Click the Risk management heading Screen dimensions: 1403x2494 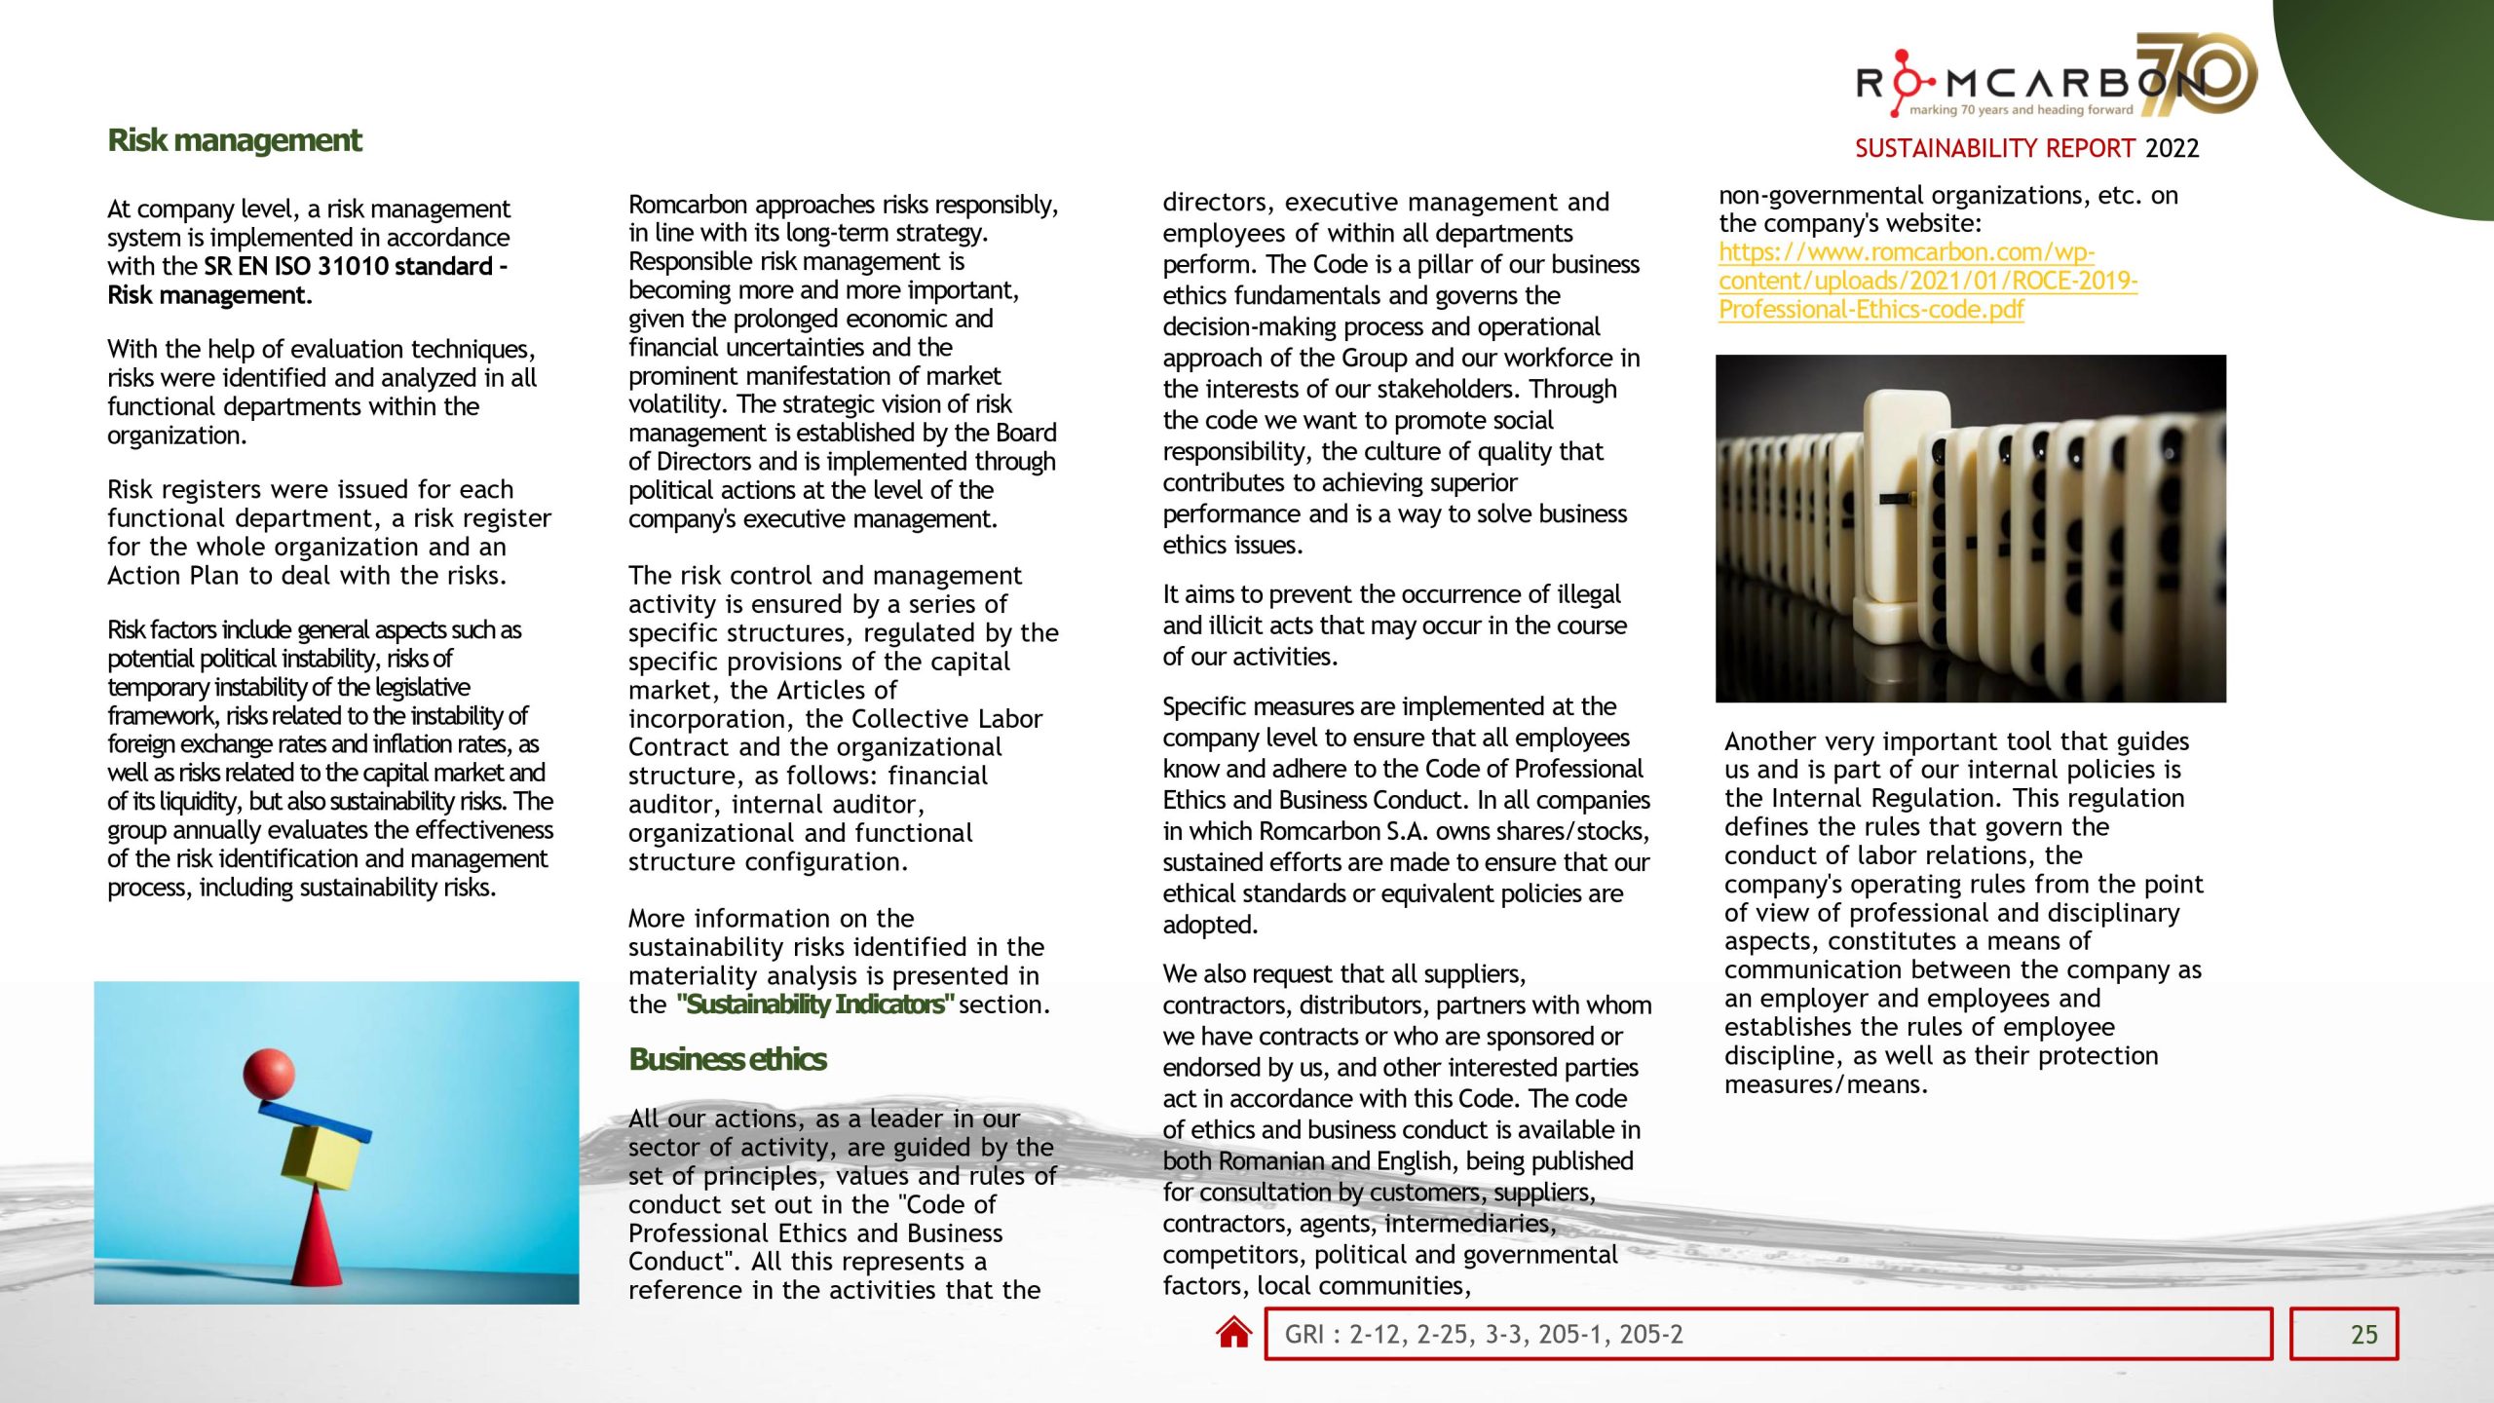click(x=234, y=140)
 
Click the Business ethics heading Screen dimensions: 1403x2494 click(x=727, y=1059)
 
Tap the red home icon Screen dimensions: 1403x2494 click(x=1233, y=1333)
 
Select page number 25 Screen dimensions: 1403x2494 click(x=2363, y=1335)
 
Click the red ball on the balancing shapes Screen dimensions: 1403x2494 click(x=268, y=1074)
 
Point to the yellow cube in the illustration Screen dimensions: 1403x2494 click(x=321, y=1157)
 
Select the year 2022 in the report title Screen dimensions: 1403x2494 click(x=2172, y=148)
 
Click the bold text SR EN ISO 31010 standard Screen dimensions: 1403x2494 click(x=349, y=266)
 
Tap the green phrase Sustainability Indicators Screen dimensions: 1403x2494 click(x=814, y=1005)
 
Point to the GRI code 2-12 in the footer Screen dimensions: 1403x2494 click(x=1374, y=1335)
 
